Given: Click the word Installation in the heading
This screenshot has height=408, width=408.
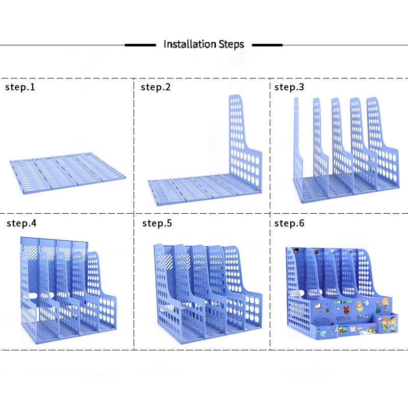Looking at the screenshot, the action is point(188,44).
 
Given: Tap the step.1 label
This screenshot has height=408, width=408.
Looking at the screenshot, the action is point(20,87).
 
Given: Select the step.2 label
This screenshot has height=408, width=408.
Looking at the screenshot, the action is point(156,87).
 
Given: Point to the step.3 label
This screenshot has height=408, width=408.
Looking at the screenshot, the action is point(289,87).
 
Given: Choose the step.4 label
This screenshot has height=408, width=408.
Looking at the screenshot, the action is point(21,223).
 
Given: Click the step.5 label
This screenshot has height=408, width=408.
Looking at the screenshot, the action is point(157,223).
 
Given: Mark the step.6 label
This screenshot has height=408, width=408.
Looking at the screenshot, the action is point(289,223).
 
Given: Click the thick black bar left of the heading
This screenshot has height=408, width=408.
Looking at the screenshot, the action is point(140,45).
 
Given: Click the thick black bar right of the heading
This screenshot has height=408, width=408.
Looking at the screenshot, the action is point(267,45).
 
